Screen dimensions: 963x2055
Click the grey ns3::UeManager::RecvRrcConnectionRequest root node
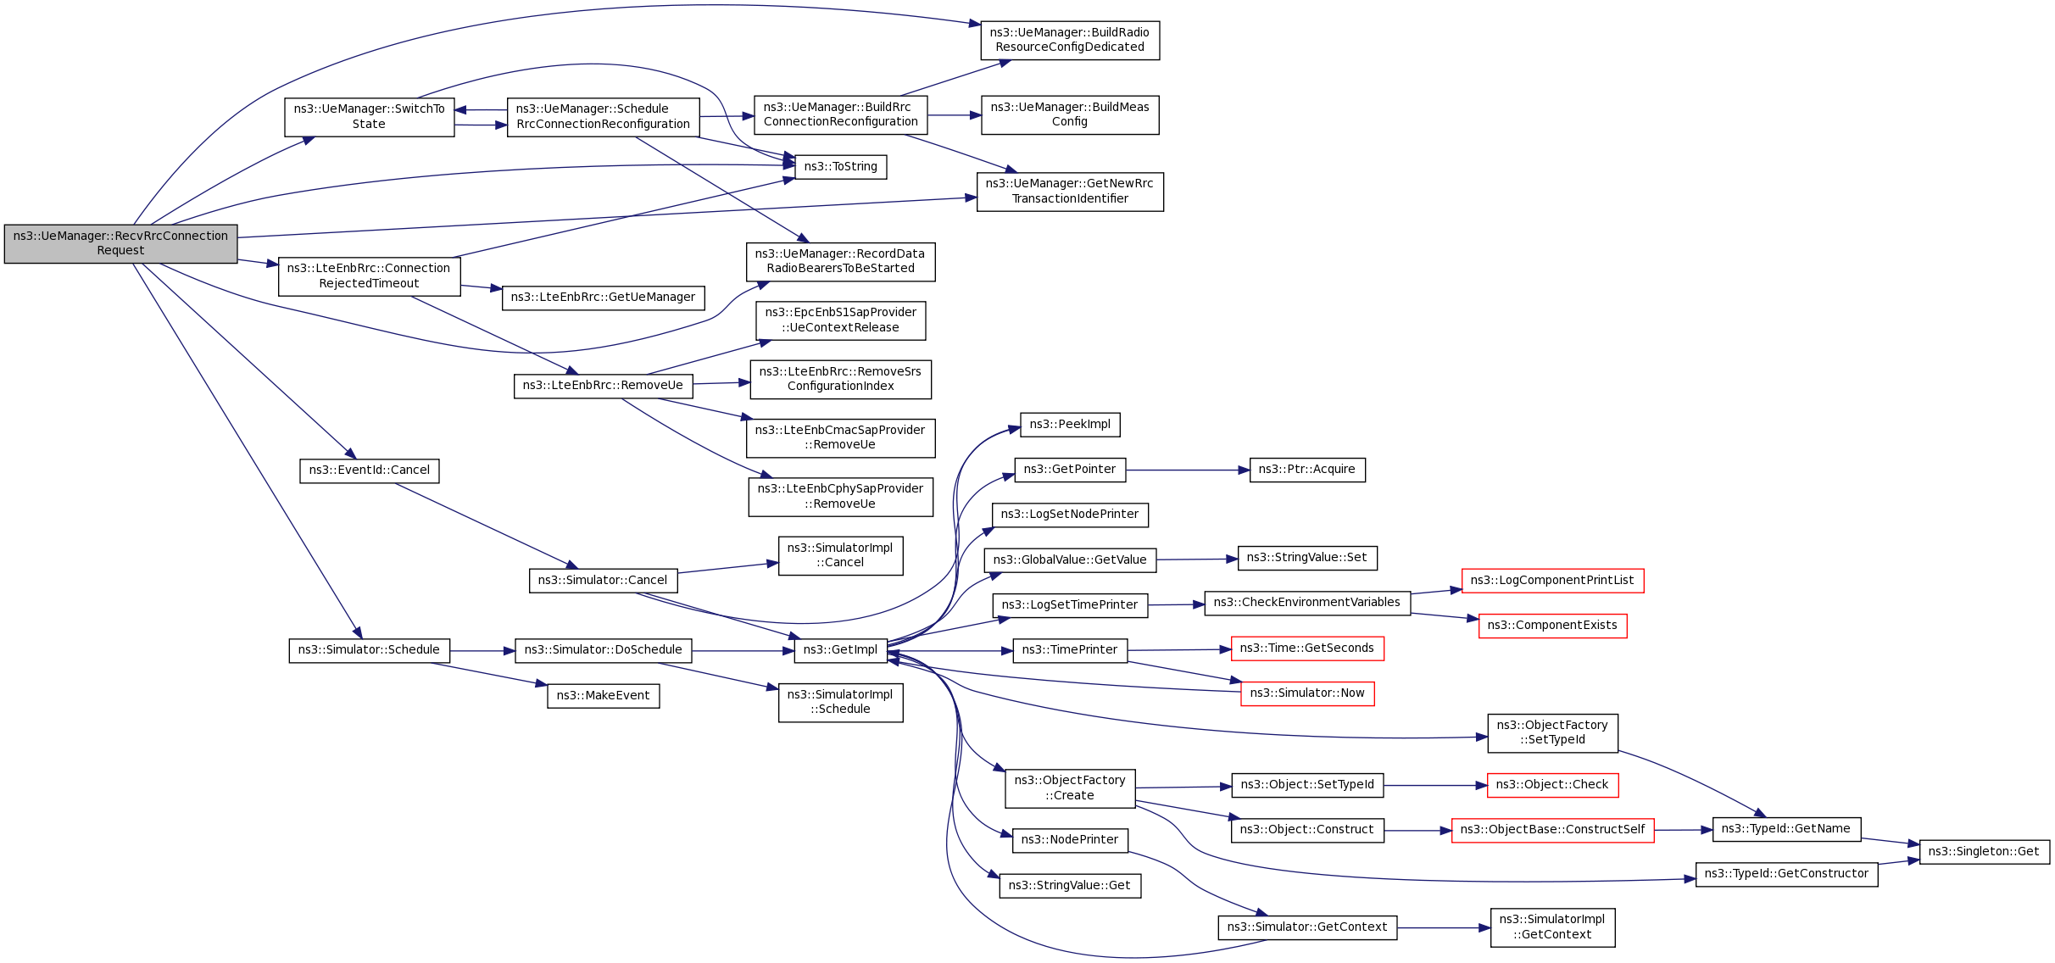click(120, 243)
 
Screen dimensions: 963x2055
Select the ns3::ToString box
click(840, 167)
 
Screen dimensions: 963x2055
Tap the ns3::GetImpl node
click(840, 650)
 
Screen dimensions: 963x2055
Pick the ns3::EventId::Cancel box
click(369, 470)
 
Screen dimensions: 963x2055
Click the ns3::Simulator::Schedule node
click(369, 650)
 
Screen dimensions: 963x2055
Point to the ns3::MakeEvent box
click(603, 696)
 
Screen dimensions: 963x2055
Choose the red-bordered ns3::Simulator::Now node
click(1306, 693)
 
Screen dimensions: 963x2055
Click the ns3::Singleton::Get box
click(1983, 852)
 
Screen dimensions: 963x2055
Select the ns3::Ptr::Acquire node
click(1306, 470)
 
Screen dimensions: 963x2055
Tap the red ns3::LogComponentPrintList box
click(1551, 581)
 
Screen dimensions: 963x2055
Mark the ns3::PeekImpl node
click(1069, 425)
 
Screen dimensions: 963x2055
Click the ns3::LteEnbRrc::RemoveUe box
click(603, 386)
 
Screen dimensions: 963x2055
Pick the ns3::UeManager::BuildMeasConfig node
click(1069, 114)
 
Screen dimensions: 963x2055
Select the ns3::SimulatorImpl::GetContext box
click(1551, 927)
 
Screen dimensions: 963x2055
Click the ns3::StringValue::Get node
click(1069, 886)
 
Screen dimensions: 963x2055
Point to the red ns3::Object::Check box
click(1551, 785)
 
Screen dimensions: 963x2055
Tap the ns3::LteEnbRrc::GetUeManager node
click(603, 298)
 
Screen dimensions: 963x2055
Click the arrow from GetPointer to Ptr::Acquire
click(1187, 470)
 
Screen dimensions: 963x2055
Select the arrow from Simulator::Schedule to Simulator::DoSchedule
click(482, 651)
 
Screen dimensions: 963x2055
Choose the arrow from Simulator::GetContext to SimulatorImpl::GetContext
click(1443, 928)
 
